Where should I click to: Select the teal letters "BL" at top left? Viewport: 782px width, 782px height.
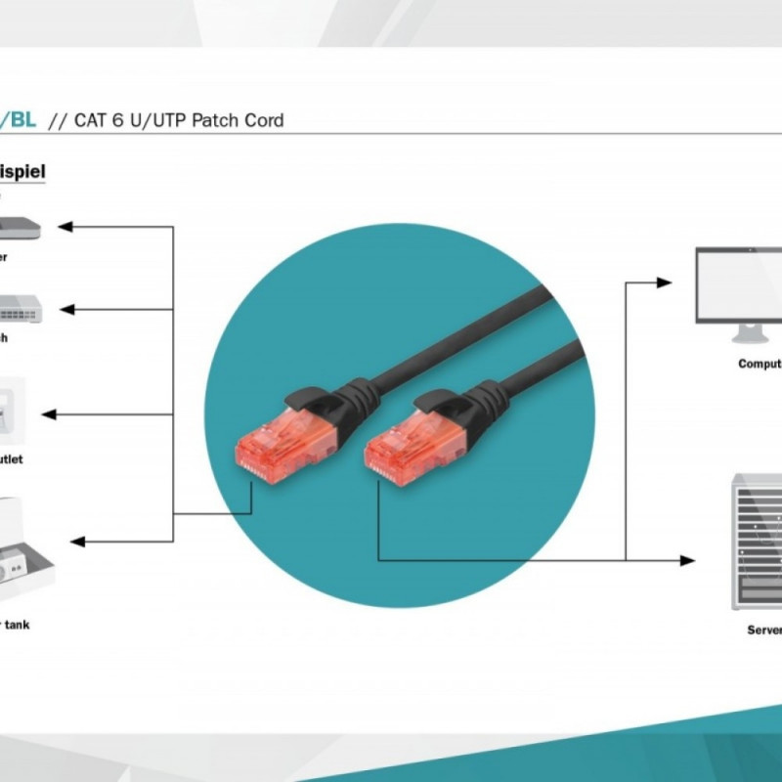22,121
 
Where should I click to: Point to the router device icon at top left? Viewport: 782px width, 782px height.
20,228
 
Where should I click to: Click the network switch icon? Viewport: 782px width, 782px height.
20,310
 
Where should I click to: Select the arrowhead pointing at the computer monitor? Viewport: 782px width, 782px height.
665,282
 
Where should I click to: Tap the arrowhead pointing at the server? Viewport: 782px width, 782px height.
687,560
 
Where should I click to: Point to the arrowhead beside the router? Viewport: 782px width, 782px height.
65,227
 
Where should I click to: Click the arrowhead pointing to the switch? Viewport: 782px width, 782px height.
65,310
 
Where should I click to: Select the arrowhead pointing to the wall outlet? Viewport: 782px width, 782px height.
49,414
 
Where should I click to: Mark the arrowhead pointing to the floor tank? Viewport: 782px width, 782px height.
78,541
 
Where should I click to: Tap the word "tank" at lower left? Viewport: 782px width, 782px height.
17,624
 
